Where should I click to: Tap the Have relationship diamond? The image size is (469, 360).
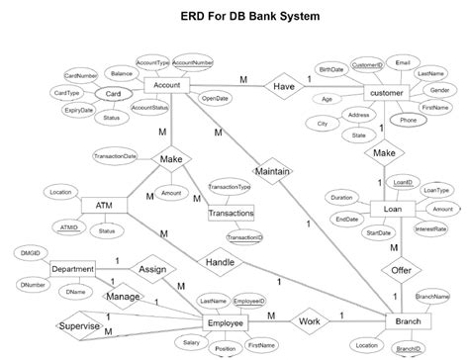click(x=284, y=86)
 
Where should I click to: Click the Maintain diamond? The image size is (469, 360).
click(x=271, y=170)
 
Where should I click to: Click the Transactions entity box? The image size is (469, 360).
click(x=232, y=213)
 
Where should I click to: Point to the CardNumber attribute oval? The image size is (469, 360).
click(x=80, y=75)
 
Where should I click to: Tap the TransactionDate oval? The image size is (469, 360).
click(x=116, y=156)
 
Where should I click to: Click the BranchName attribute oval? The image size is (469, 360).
click(x=432, y=297)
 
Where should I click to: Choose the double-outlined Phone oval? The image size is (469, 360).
click(x=408, y=121)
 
